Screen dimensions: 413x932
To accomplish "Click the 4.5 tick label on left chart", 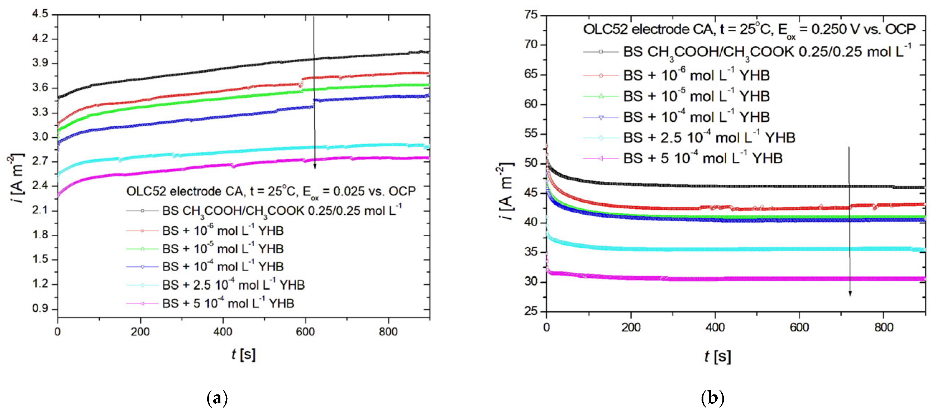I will click(x=40, y=14).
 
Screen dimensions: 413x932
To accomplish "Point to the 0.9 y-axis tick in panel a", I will click(x=40, y=308).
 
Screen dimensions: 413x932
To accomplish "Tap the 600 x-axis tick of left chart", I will click(x=305, y=332).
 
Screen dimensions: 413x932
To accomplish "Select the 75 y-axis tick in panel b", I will click(x=532, y=15).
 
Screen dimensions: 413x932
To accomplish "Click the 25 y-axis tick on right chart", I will click(x=532, y=311).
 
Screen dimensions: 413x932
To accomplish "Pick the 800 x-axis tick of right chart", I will click(x=884, y=328).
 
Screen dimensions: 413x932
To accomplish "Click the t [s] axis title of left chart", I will click(x=244, y=355).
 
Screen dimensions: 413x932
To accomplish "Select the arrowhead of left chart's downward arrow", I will click(x=315, y=166).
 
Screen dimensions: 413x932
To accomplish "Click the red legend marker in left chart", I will click(x=142, y=230).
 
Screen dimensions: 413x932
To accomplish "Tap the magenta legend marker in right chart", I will click(x=601, y=158).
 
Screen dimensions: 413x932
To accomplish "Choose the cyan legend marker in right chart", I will click(x=601, y=138).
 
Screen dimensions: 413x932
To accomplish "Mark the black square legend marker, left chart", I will click(x=142, y=211).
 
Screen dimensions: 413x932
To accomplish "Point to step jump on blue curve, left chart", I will click(x=314, y=103).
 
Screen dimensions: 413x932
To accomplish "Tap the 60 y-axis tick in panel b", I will click(x=532, y=104).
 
